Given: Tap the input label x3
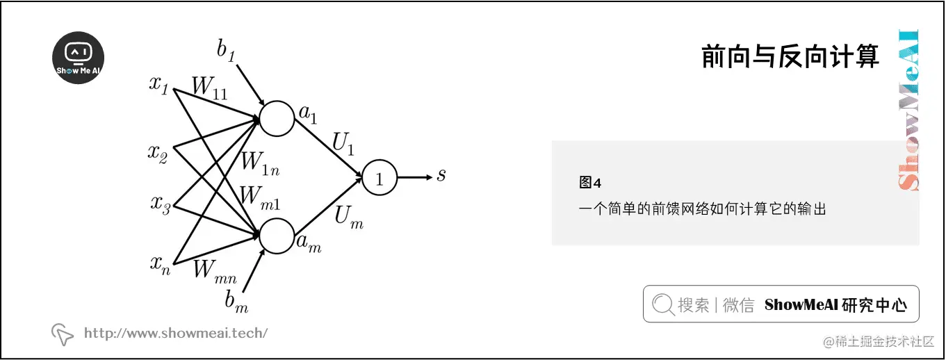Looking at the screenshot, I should coord(160,204).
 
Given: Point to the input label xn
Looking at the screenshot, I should coord(160,264).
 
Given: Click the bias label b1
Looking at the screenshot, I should coord(226,51).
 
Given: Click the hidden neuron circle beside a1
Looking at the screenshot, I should coord(277,118).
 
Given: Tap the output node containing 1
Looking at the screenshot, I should coord(379,179).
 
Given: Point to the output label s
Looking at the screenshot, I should coord(441,175).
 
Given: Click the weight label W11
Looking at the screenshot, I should coord(210,88).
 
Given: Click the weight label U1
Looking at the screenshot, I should coord(343,145).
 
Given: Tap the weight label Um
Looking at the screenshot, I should coord(348,217).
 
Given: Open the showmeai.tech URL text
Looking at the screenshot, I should coord(175,334).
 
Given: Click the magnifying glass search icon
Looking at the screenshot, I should coord(664,304).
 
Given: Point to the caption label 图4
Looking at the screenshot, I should coord(589,183).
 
